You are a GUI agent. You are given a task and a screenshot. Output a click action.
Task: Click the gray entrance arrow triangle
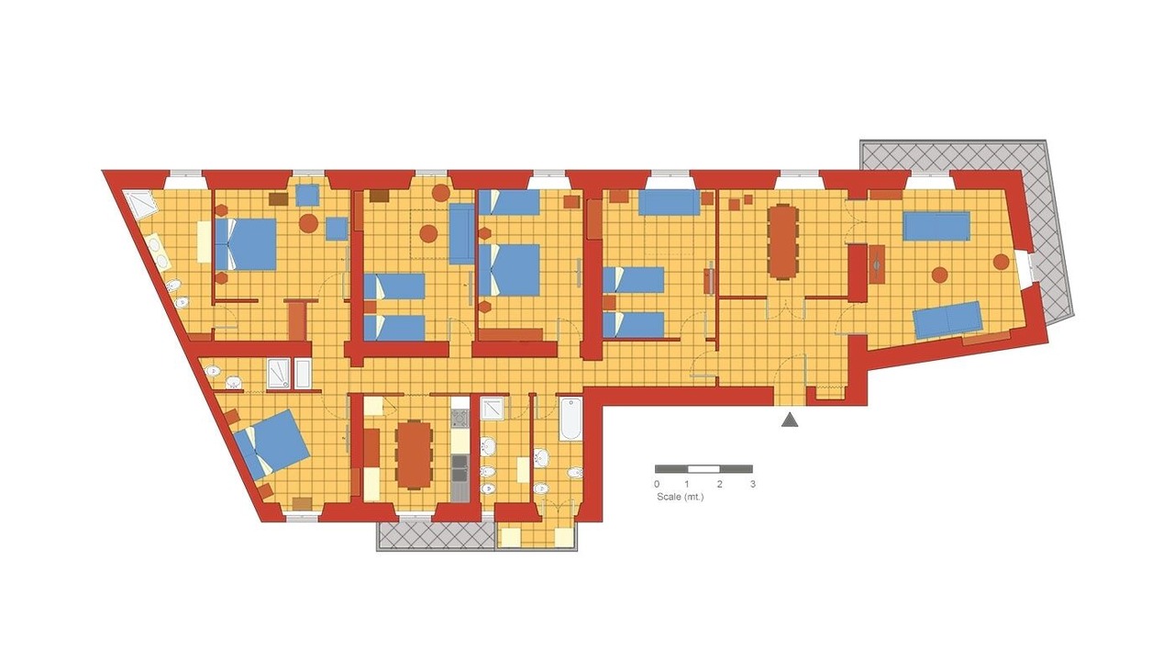790,420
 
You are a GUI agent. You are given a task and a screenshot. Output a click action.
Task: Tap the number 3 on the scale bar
753,484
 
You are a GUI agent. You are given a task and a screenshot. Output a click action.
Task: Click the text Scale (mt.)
681,497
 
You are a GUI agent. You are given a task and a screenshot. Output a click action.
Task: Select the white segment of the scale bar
703,469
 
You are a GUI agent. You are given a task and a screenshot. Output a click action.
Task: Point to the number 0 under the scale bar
657,484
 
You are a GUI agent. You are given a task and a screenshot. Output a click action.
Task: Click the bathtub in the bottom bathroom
570,420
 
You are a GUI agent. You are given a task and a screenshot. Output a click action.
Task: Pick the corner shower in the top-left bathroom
140,204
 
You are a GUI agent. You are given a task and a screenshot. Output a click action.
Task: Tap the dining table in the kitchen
414,454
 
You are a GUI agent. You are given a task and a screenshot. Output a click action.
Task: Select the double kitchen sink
460,468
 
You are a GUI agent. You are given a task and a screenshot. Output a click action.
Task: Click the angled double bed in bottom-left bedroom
271,443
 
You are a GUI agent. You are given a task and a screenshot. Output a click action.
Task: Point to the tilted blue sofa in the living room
947,319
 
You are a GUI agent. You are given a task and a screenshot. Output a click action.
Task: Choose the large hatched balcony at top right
964,230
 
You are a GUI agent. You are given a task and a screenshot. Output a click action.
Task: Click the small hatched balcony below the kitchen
436,535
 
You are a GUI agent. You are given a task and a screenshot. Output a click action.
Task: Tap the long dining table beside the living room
783,241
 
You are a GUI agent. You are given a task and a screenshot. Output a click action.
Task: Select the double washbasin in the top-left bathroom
159,252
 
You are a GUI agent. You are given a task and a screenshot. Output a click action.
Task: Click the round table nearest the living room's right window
1002,262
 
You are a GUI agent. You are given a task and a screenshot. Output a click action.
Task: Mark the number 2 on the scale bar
720,484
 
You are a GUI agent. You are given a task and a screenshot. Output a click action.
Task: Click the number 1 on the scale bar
687,484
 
